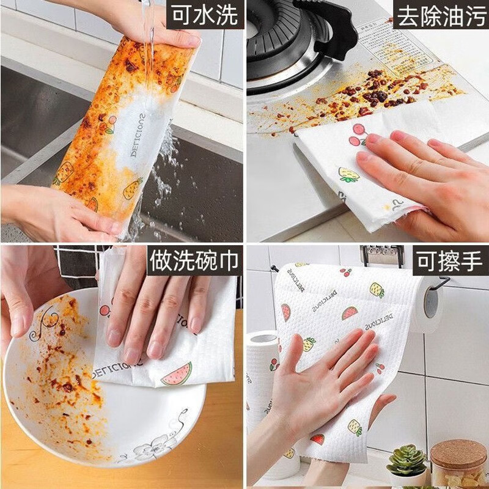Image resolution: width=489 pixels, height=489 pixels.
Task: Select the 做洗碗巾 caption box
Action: pyautogui.click(x=194, y=261)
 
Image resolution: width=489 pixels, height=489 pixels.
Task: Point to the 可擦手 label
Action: pyautogui.click(x=449, y=261)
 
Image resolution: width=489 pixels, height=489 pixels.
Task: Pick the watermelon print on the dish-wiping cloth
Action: pyautogui.click(x=177, y=374)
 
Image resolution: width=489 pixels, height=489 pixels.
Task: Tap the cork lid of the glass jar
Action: pyautogui.click(x=458, y=453)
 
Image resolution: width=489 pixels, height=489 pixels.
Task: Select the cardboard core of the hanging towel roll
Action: pyautogui.click(x=432, y=303)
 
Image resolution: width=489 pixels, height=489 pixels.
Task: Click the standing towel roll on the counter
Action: pyautogui.click(x=263, y=367)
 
